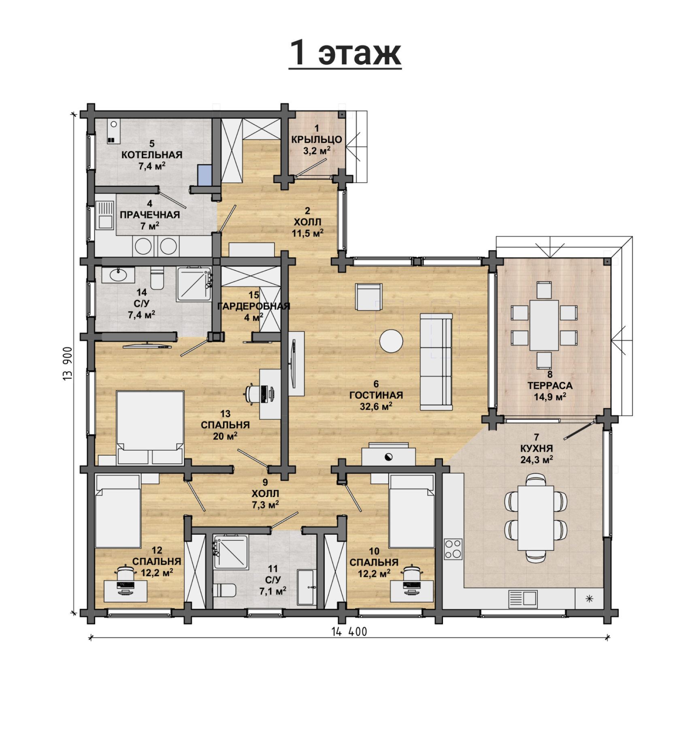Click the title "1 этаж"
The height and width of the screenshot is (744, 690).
(345, 53)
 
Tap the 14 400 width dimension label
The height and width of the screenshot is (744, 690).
(349, 632)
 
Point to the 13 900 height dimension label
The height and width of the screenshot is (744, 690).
(68, 363)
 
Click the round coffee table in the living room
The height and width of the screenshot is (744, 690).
(391, 341)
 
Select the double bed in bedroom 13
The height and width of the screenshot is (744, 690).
(150, 427)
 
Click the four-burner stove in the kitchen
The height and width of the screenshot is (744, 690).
(453, 549)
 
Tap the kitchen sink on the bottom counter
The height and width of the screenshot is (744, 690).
(523, 599)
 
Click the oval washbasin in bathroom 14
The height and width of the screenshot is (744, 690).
(118, 275)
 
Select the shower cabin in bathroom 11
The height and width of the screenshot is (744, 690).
(230, 552)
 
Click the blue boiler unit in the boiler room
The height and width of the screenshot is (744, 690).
(204, 175)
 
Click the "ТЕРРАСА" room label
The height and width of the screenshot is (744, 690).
(550, 386)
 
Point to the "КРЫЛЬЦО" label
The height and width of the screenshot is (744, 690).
(317, 139)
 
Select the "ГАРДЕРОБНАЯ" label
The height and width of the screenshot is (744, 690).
(253, 306)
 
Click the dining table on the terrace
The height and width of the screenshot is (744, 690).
(544, 325)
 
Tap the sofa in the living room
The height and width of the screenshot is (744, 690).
(436, 362)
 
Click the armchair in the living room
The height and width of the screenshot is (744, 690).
(368, 296)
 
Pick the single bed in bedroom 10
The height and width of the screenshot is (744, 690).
(412, 511)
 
